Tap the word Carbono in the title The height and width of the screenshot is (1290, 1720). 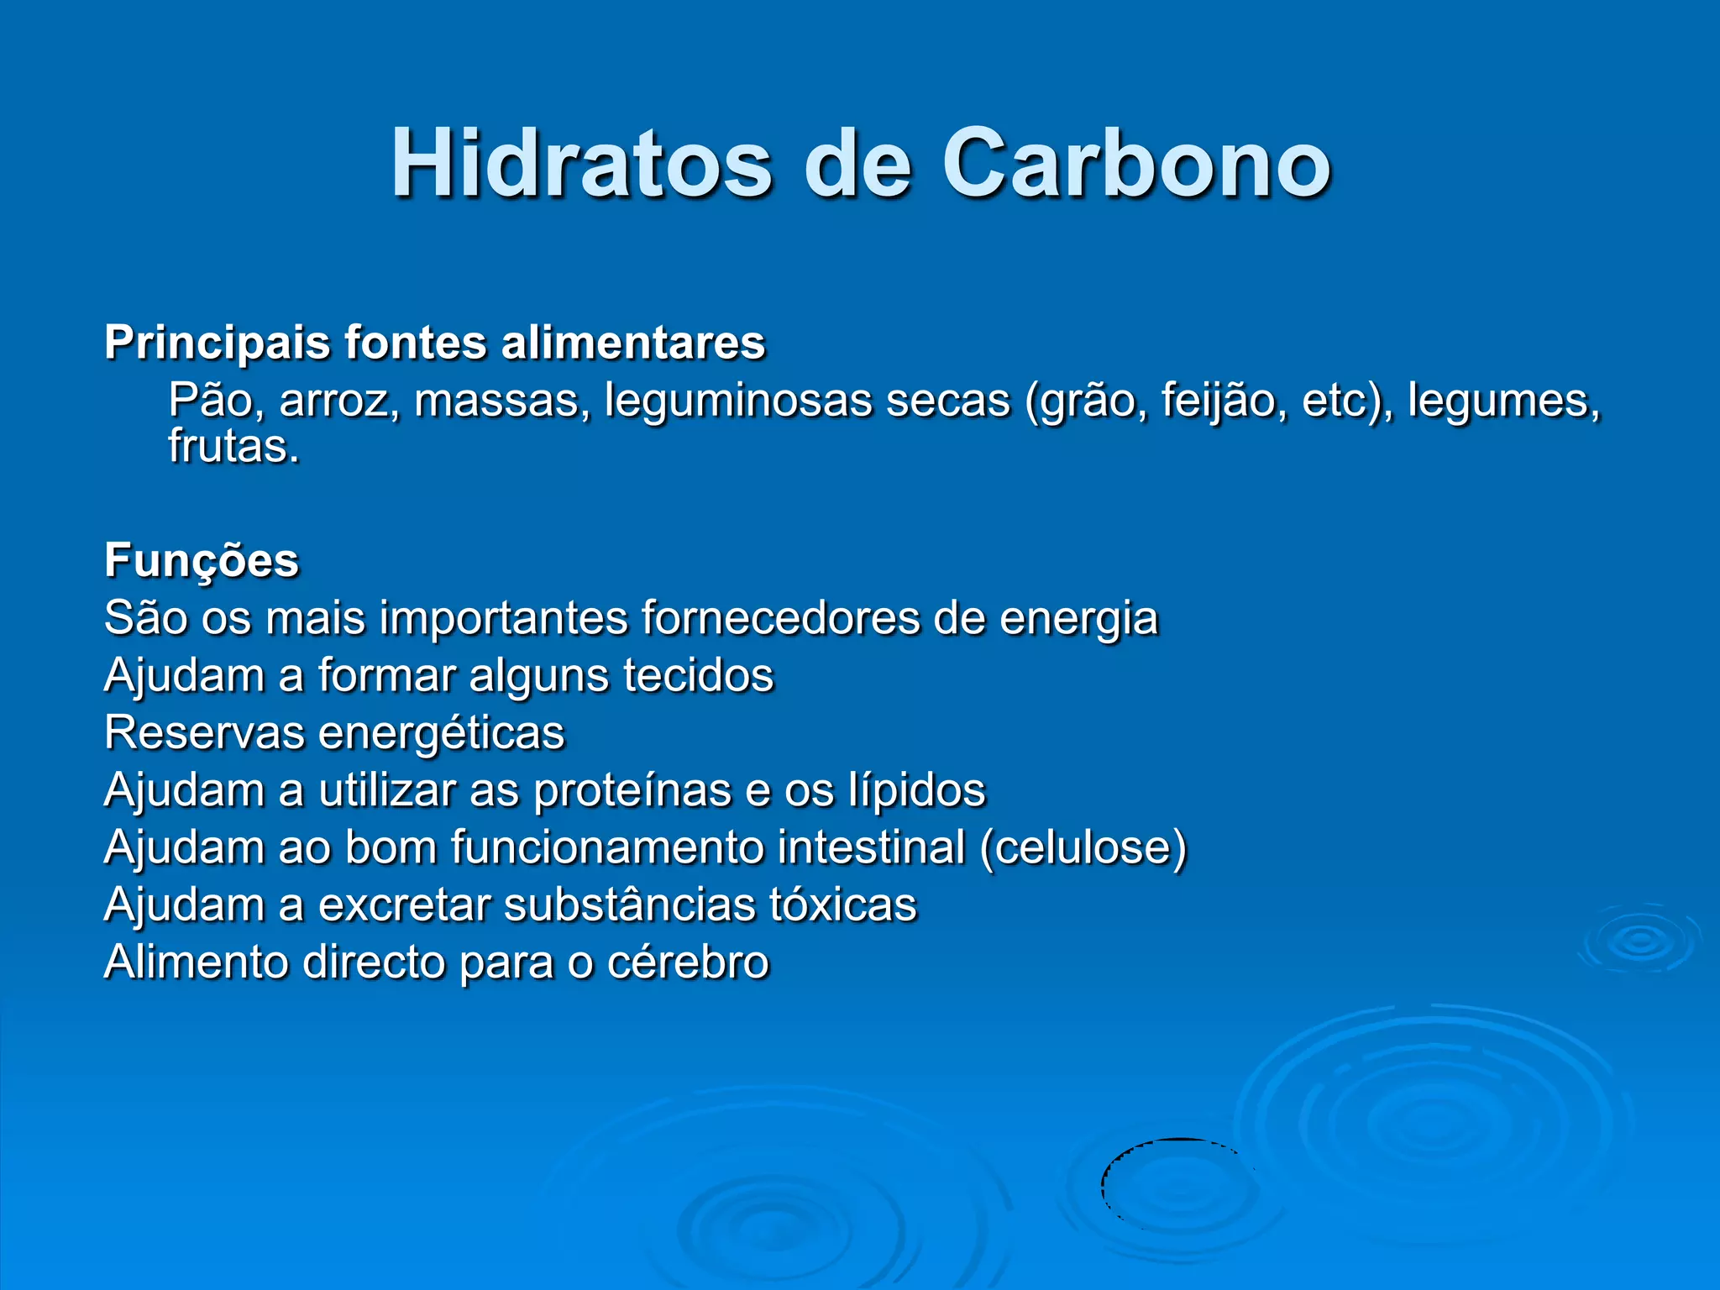pos(1135,164)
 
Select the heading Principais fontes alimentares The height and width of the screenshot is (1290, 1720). pos(434,343)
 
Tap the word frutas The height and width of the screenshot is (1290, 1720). pos(233,446)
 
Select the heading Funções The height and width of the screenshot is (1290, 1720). pos(202,560)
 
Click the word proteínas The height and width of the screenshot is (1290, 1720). pos(632,790)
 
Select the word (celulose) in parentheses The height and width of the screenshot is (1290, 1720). pos(1083,847)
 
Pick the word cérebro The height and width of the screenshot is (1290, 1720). pos(687,962)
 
